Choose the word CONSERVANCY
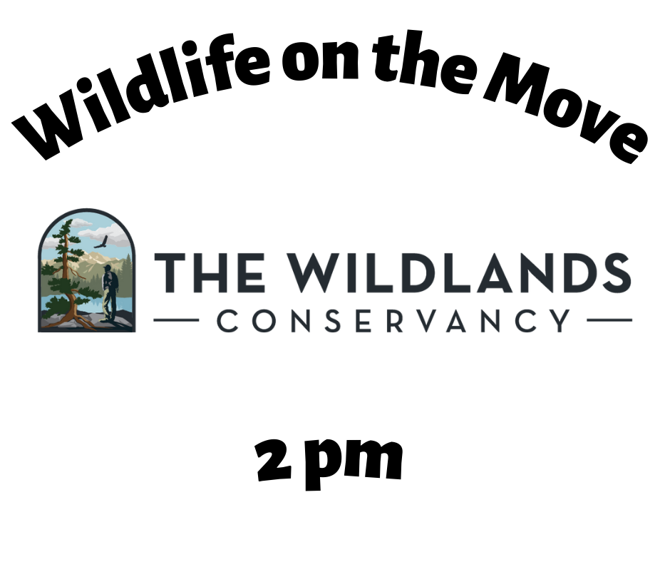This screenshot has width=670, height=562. coord(393,321)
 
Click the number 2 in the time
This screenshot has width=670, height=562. coord(274,460)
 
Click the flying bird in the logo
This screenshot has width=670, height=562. coord(100,243)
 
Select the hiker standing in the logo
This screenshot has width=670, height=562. coord(109,293)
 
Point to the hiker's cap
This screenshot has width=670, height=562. coord(108,267)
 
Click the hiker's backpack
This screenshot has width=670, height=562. coord(113,280)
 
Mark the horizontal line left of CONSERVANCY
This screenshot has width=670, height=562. coord(176,320)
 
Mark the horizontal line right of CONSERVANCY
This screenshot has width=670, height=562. coord(609,320)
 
